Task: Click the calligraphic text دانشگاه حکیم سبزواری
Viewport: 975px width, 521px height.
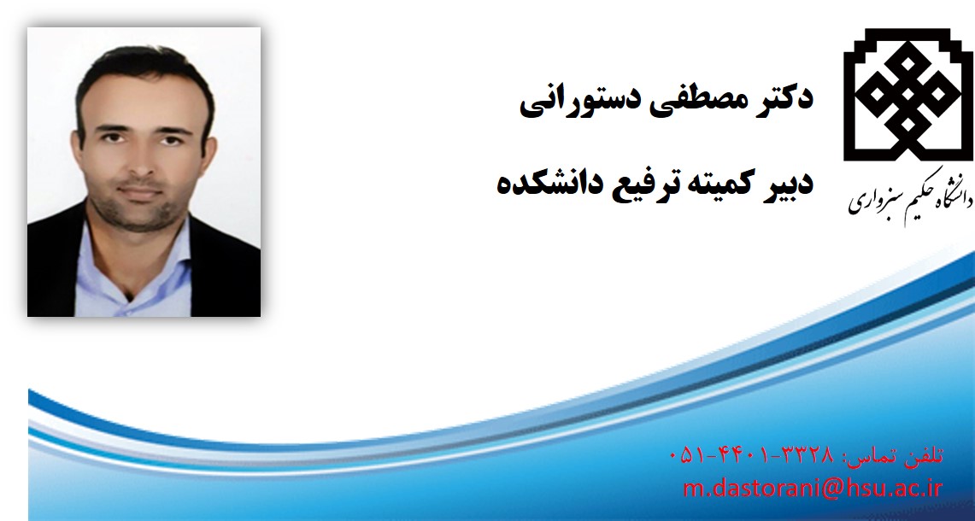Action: click(x=910, y=196)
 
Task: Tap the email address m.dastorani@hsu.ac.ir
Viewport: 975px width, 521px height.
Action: click(x=813, y=488)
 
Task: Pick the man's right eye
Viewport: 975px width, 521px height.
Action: click(x=111, y=138)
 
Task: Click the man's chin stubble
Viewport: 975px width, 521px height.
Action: click(x=140, y=214)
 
